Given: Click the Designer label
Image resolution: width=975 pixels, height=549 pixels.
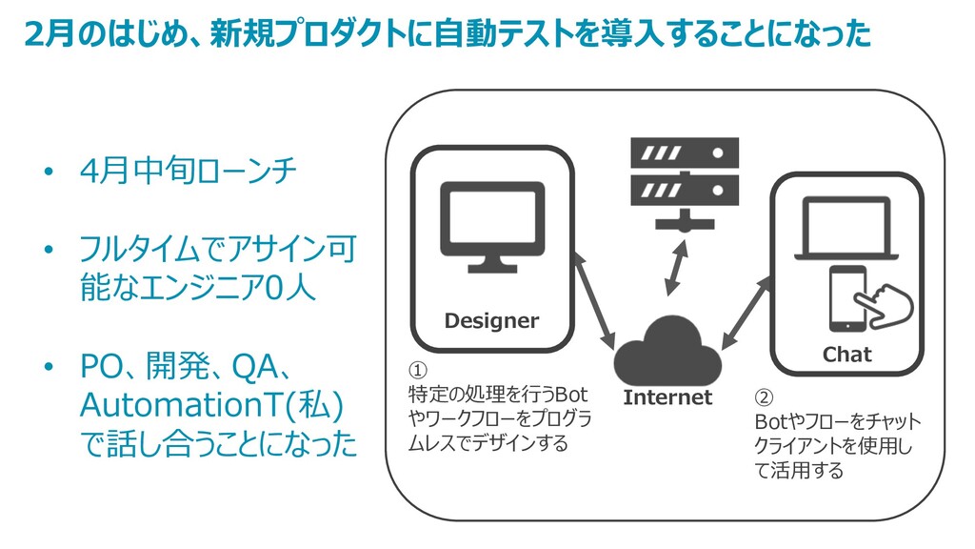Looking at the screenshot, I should click(491, 321).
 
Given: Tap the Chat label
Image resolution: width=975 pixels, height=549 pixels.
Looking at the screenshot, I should click(846, 355).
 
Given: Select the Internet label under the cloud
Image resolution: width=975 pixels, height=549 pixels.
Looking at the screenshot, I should click(667, 397).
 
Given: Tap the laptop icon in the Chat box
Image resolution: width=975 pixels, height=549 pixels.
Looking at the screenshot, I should click(846, 228).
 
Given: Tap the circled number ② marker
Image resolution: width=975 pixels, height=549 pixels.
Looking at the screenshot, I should click(765, 397).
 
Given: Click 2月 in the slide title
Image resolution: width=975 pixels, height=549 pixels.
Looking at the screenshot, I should click(47, 34).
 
